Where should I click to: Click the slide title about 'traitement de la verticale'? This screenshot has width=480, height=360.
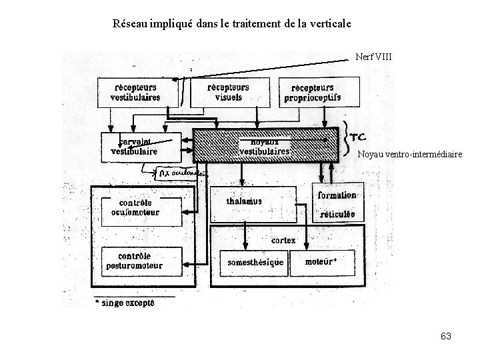(232, 25)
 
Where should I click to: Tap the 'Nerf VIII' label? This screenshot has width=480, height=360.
(375, 57)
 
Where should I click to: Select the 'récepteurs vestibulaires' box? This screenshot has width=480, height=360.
(137, 92)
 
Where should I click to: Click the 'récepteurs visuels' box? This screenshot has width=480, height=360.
(229, 92)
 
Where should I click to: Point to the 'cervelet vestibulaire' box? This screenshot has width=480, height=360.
(134, 146)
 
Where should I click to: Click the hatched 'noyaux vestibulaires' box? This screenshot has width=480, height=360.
(265, 146)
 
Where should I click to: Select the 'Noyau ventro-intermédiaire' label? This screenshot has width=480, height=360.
(409, 155)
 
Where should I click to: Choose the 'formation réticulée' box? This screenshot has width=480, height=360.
(337, 203)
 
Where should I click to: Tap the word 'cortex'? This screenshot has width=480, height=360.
(283, 239)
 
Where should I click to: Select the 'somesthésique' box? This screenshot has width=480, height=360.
(255, 262)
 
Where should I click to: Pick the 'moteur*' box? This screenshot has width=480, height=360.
(320, 261)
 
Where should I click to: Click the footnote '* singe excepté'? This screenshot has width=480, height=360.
(125, 303)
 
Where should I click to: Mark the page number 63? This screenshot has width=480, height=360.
(446, 336)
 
